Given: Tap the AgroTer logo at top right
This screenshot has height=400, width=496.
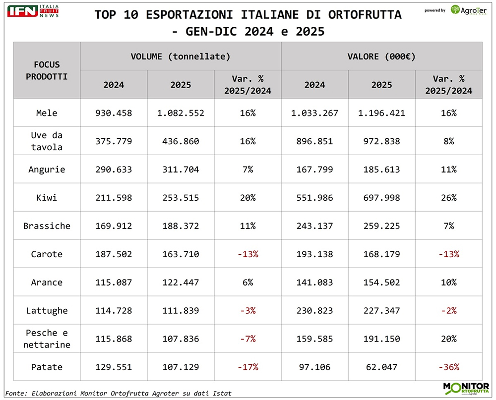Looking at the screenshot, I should coord(468,9).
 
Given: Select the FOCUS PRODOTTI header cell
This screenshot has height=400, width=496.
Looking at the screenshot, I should coord(47,70).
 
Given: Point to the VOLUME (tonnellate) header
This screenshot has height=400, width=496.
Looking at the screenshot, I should coord(181,56).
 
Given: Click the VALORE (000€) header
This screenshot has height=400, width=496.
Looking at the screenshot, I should coord(381,56).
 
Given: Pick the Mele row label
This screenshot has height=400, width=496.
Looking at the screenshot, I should coord(47,113).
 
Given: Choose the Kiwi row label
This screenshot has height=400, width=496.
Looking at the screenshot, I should coord(47,198).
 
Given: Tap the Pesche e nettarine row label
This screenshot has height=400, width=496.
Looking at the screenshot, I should coord(47,339).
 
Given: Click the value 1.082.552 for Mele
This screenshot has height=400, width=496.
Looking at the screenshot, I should coord(181,113).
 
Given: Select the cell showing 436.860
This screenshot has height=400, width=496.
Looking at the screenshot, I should coord(181,141).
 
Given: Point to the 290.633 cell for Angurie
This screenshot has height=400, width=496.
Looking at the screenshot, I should coord(114,170).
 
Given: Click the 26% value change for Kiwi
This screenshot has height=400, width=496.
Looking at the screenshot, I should coord(448,198).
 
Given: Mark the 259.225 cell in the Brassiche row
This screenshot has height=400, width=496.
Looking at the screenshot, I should coord(381,226).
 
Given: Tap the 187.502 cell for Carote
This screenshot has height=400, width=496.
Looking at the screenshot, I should coord(114,254).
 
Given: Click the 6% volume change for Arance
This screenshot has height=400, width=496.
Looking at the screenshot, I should coord(248,283).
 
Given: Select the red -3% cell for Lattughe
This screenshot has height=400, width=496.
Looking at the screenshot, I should coord(248,311).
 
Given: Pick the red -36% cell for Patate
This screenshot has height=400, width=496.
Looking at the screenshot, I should coord(448,367).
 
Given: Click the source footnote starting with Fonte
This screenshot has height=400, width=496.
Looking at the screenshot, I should coord(119,393).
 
